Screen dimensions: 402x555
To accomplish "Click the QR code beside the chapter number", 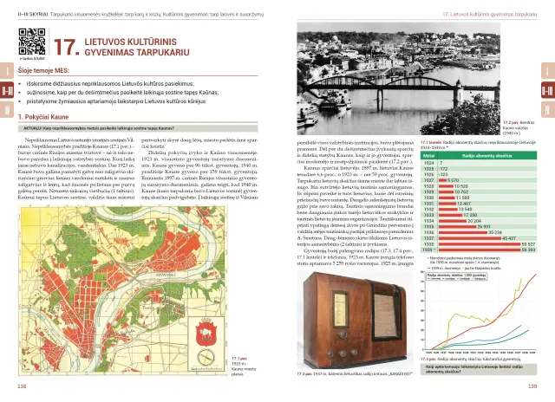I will [31, 42].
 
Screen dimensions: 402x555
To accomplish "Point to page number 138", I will [11, 387].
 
